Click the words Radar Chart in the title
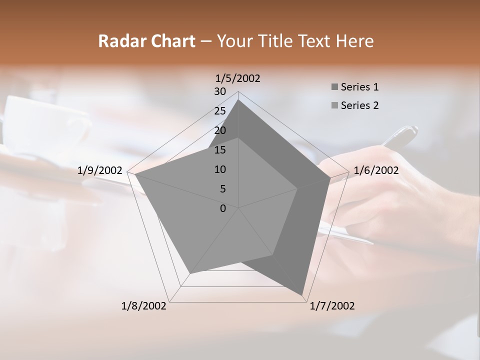click(x=146, y=41)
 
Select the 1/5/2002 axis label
click(x=238, y=78)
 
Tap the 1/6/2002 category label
click(x=376, y=170)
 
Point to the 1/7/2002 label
click(x=332, y=306)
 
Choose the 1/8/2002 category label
click(x=144, y=306)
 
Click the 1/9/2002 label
click(x=100, y=170)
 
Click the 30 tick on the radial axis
click(x=220, y=91)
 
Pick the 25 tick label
click(x=220, y=111)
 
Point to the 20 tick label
click(x=220, y=130)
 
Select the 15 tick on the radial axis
click(x=220, y=150)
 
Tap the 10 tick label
click(x=220, y=169)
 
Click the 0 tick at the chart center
click(x=223, y=208)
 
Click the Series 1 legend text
click(x=359, y=87)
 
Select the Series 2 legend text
click(x=359, y=105)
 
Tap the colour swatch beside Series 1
click(x=334, y=87)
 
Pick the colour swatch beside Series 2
click(x=334, y=105)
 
